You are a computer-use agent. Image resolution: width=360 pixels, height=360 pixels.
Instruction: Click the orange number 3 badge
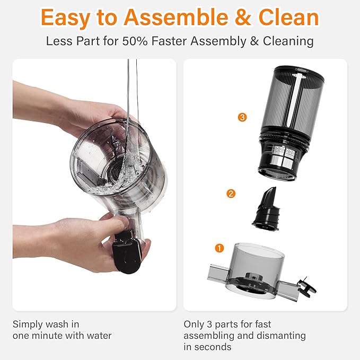click(x=243, y=117)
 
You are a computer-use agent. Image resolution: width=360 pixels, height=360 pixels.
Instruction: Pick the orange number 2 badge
click(x=231, y=194)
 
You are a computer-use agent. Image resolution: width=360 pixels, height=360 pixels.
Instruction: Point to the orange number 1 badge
click(x=219, y=248)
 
